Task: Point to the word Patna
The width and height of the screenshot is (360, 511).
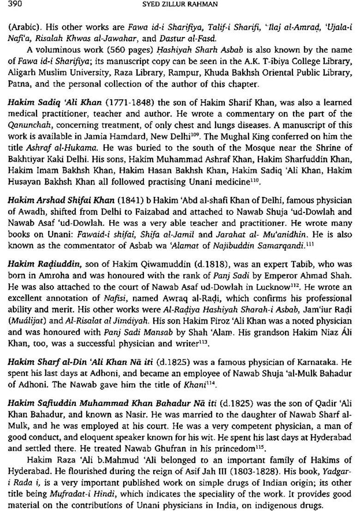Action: tap(18, 84)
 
